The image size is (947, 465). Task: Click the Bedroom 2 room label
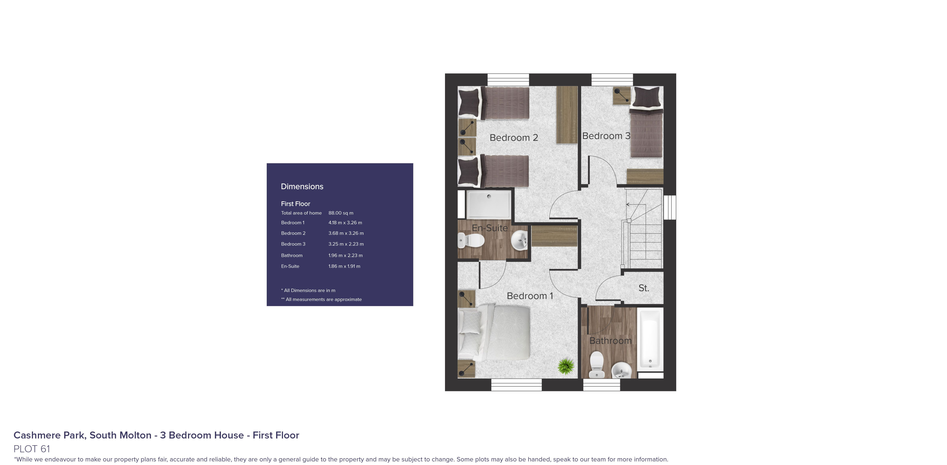coord(514,137)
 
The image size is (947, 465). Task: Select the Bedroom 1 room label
coord(529,296)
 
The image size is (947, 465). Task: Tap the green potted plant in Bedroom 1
coord(566,366)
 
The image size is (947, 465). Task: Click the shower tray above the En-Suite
coord(489,204)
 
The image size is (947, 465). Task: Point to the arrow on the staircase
coord(628,204)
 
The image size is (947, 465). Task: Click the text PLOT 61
coord(32,449)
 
